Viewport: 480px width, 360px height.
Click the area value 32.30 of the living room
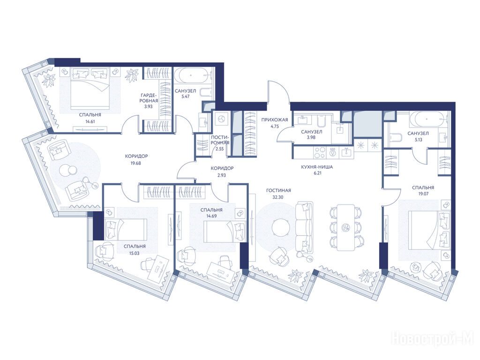click(277, 197)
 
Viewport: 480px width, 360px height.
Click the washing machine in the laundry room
click(221, 119)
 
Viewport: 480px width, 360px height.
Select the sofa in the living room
click(304, 227)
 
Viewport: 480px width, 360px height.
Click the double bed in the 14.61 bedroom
click(90, 88)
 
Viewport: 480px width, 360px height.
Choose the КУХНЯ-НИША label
click(316, 167)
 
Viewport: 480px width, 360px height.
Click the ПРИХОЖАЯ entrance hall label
click(275, 120)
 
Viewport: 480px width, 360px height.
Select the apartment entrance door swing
click(278, 92)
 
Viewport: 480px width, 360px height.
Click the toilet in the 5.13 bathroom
click(394, 139)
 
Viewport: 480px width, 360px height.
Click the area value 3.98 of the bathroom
click(312, 137)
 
